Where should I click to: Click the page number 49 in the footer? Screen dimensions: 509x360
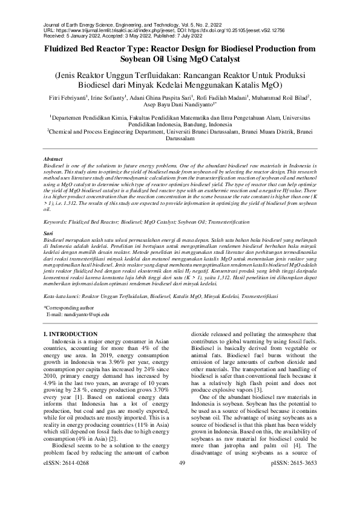tap(181, 496)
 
